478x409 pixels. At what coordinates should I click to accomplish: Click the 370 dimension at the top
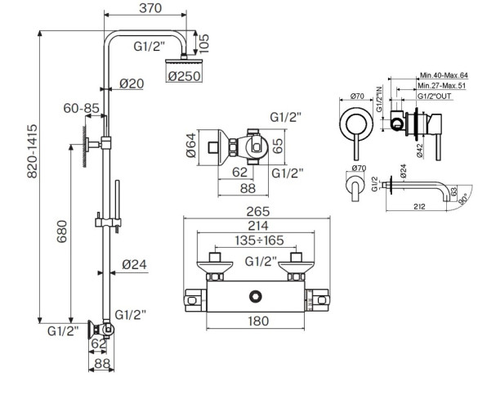(150, 9)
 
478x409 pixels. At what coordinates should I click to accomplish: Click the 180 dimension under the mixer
(258, 322)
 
